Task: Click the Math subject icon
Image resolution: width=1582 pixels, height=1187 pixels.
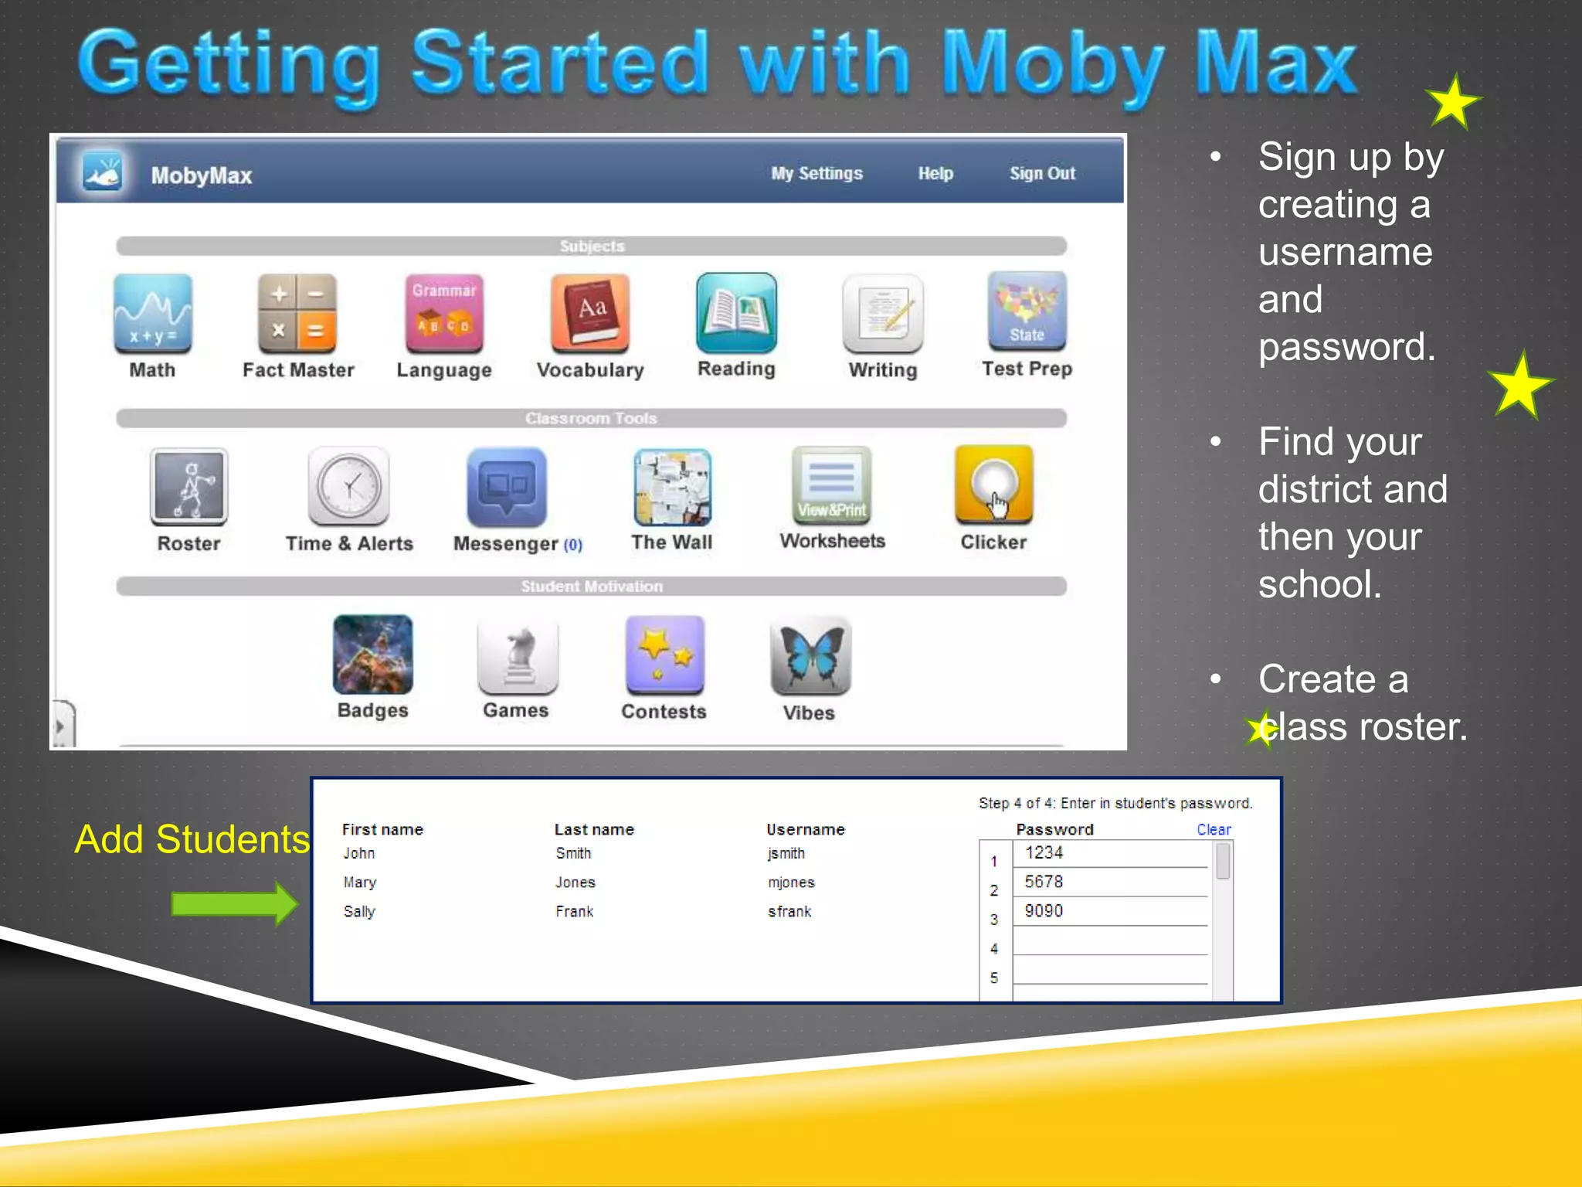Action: tap(152, 313)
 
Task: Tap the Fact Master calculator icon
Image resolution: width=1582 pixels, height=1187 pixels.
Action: tap(297, 313)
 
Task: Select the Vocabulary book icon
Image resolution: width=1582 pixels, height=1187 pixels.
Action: tap(590, 313)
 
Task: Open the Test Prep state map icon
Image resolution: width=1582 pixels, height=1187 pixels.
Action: tap(1027, 311)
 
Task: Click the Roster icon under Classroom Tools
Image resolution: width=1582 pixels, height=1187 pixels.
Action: tap(189, 487)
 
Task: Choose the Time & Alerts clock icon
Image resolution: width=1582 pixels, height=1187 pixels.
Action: tap(349, 487)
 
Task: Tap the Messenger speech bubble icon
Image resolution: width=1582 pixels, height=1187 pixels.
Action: tap(507, 487)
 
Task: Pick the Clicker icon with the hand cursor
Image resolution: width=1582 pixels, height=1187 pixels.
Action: tap(993, 485)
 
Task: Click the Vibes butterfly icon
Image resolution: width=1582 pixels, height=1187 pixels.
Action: tap(810, 655)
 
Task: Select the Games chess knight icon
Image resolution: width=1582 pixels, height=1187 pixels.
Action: tap(518, 655)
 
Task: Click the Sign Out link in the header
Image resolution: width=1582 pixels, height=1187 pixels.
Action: tap(1042, 174)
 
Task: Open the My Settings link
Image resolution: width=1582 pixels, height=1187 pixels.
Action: tap(816, 174)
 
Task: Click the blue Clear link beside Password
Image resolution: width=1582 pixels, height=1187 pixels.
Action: tap(1214, 830)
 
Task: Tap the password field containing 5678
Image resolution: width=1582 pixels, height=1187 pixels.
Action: tap(1109, 882)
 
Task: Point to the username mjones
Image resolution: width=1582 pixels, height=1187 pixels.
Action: tap(791, 883)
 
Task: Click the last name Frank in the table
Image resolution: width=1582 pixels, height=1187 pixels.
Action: tap(575, 912)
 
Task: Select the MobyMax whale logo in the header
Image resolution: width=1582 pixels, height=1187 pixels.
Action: tap(104, 173)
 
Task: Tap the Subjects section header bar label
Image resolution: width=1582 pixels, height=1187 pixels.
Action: tap(592, 247)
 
